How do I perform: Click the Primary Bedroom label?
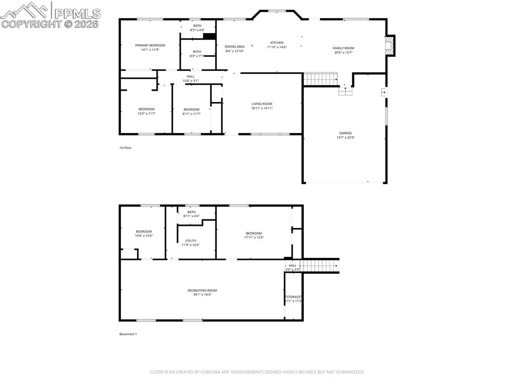pos(150,45)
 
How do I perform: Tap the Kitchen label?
pos(277,43)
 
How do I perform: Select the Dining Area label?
pos(234,47)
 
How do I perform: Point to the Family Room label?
pos(343,48)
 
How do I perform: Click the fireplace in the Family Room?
pos(390,46)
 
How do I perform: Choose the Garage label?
pos(345,133)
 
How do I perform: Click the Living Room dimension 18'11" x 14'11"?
pos(262,108)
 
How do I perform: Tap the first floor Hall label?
pos(190,76)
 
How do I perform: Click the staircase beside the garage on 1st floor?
pos(320,79)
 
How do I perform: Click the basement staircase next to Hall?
pos(320,266)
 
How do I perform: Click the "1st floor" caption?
pos(125,148)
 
